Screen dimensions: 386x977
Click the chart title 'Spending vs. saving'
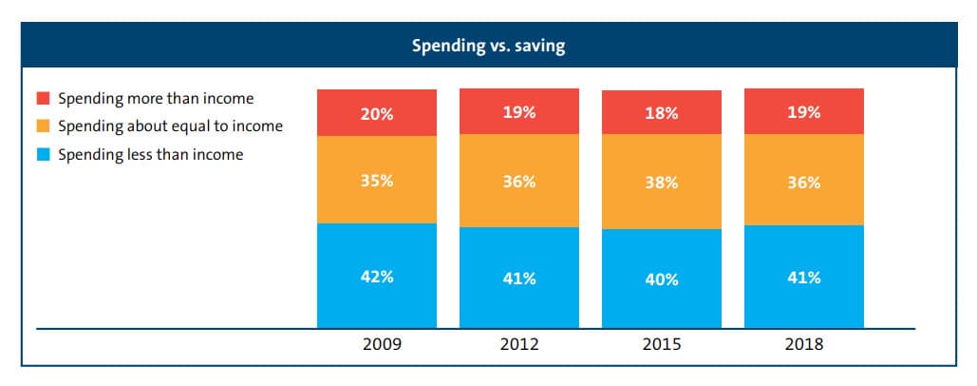(x=488, y=46)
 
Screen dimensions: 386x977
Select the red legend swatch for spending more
(x=43, y=99)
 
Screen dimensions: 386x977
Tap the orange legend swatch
(x=43, y=126)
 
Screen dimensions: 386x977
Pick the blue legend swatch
(x=43, y=154)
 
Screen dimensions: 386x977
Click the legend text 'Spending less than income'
(x=150, y=154)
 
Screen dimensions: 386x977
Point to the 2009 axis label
(x=376, y=345)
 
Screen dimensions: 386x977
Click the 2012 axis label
(x=518, y=345)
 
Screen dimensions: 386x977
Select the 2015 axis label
(x=661, y=345)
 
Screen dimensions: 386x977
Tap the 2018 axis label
(x=803, y=345)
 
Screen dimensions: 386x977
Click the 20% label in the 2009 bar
(x=377, y=114)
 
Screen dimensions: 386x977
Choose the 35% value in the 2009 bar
(x=377, y=181)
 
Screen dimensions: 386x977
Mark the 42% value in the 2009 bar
(x=377, y=277)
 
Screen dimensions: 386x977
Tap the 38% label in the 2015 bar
(x=662, y=183)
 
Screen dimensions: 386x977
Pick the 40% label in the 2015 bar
(x=662, y=280)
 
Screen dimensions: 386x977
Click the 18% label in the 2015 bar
(x=662, y=113)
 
